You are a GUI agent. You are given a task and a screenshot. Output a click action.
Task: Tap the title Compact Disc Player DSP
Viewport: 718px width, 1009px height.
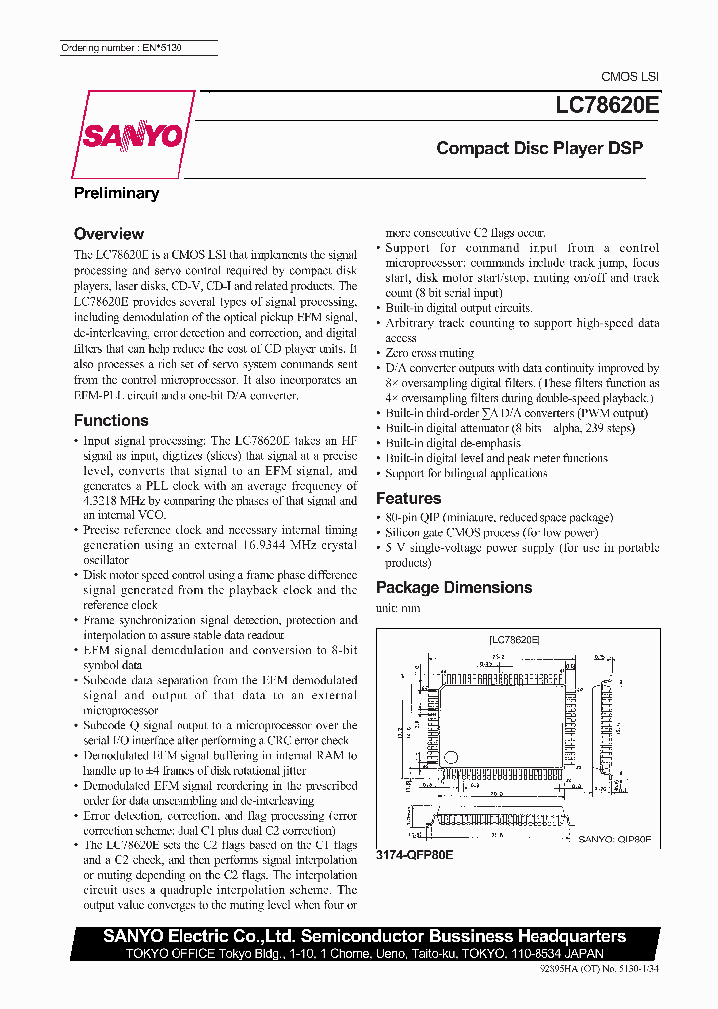click(539, 148)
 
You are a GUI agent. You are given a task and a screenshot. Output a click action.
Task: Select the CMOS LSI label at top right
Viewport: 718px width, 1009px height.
click(629, 77)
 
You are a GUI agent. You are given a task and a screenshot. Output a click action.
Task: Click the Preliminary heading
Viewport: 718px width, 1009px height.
click(116, 193)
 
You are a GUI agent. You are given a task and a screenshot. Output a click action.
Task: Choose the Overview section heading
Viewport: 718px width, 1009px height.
click(109, 234)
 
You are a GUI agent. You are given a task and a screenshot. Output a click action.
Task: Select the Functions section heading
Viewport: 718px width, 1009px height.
click(111, 420)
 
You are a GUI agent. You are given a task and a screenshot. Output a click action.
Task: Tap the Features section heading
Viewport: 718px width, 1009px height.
click(408, 498)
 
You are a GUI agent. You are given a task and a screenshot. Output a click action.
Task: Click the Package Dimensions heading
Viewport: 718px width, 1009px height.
click(453, 587)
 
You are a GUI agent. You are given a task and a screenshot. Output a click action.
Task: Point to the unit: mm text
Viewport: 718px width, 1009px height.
click(397, 608)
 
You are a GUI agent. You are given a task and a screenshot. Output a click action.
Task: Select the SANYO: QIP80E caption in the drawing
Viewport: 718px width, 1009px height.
click(614, 841)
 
